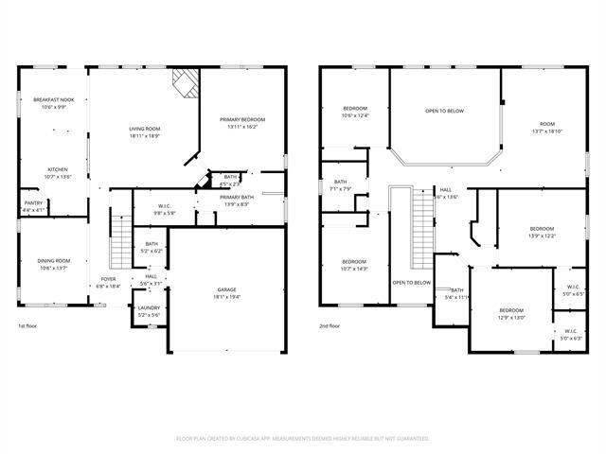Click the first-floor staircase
[120, 242]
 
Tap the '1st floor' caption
[27, 325]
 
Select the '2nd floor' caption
[330, 325]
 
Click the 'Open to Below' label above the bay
[444, 111]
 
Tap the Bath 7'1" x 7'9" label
[340, 184]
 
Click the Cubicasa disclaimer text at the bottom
[303, 439]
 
